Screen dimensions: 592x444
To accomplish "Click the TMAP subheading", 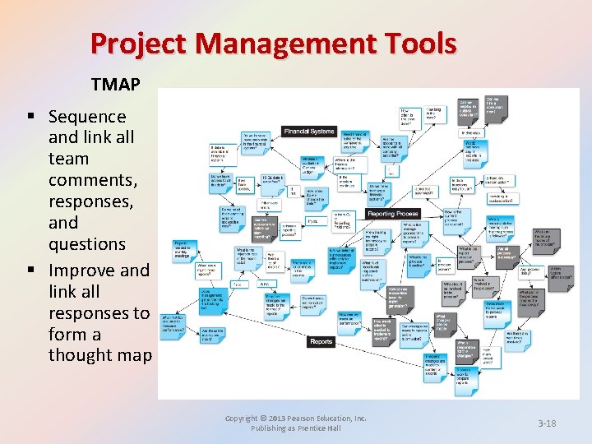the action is click(116, 84).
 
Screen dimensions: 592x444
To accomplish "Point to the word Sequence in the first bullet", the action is click(87, 117).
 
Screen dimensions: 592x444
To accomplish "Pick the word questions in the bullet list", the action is click(87, 244).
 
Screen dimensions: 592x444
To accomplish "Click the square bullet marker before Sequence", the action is click(37, 118).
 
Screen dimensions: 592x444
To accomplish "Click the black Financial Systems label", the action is click(309, 132).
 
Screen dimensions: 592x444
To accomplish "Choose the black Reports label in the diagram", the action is click(321, 341).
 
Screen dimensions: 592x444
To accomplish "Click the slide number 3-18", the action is click(547, 423).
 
